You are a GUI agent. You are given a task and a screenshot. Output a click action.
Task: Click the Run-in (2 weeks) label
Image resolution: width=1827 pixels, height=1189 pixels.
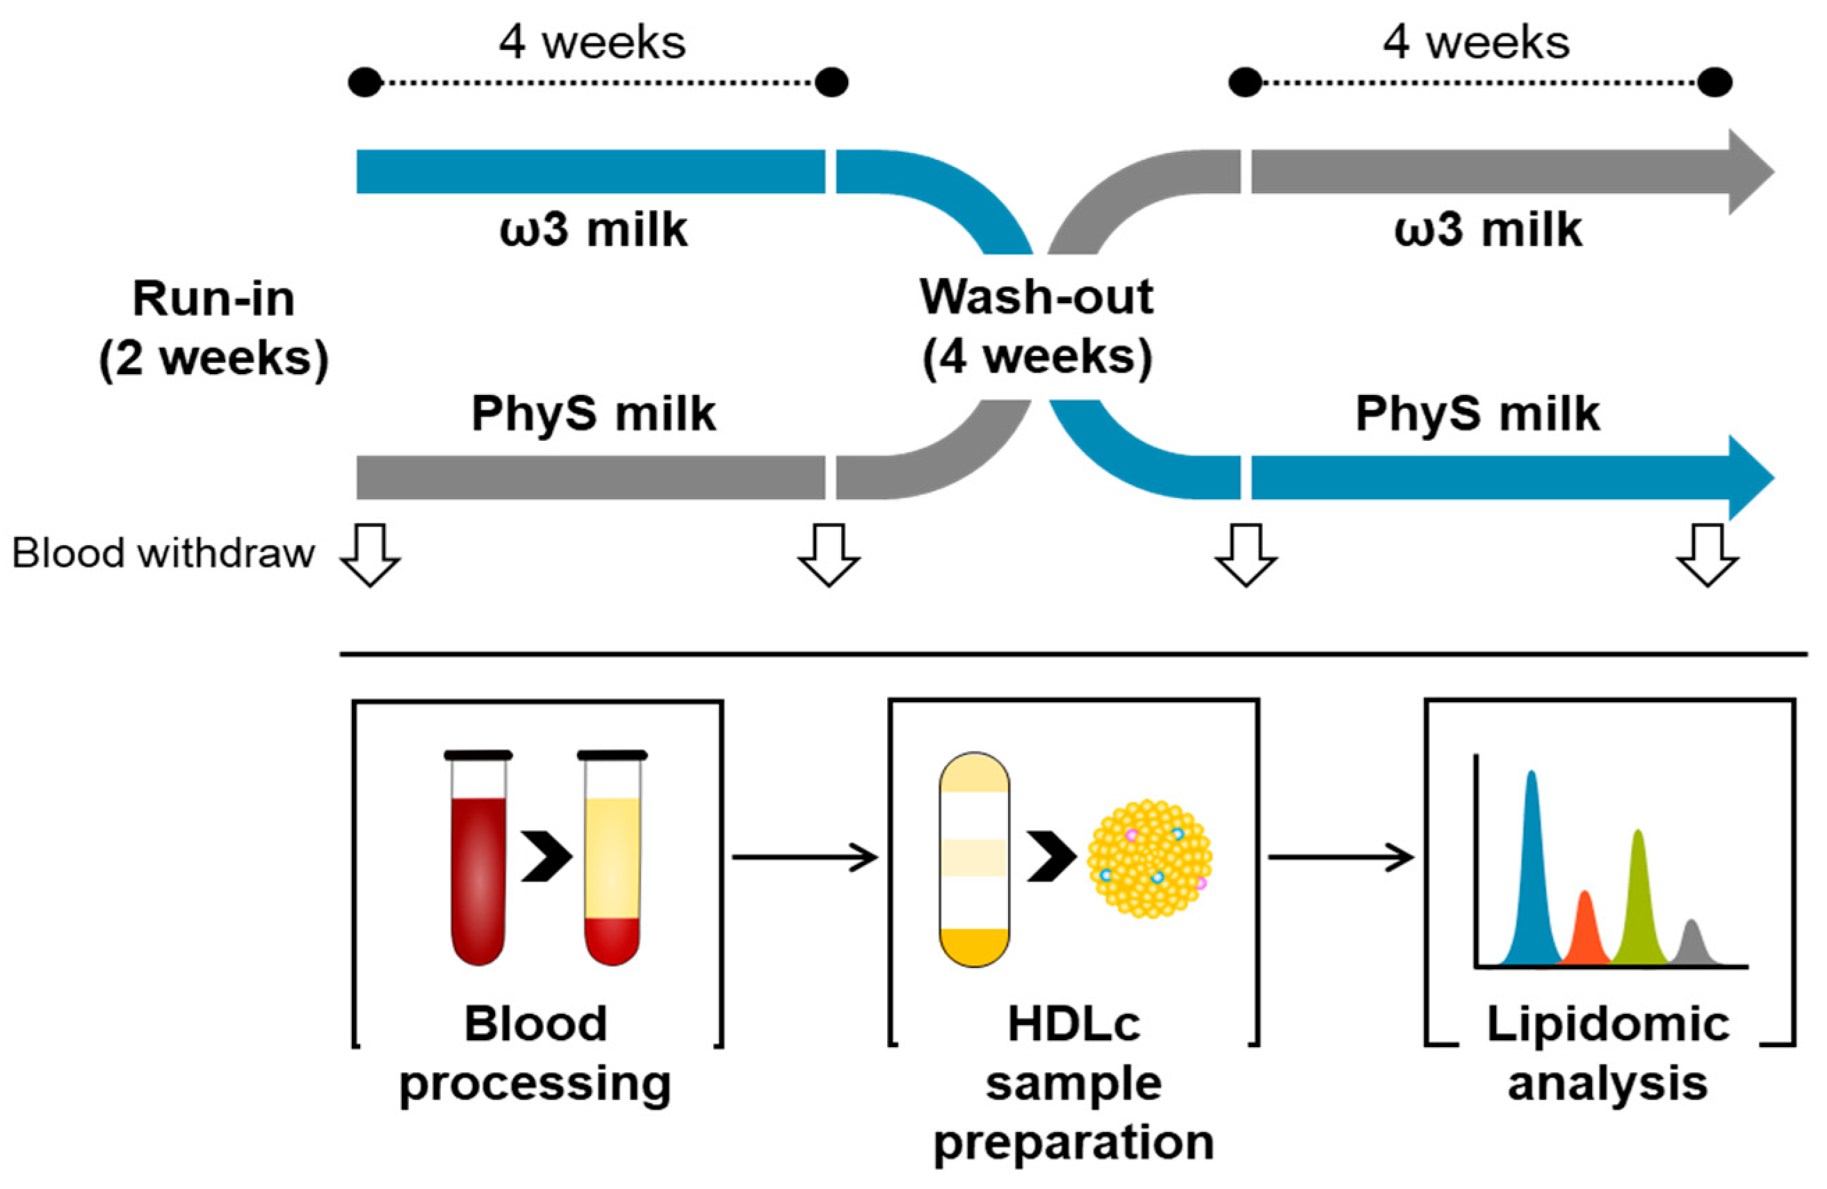pyautogui.click(x=213, y=327)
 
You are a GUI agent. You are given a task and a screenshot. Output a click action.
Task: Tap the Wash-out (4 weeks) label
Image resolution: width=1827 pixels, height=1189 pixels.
pyautogui.click(x=1037, y=326)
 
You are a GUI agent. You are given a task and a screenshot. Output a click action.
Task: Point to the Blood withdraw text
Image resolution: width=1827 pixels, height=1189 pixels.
pyautogui.click(x=163, y=553)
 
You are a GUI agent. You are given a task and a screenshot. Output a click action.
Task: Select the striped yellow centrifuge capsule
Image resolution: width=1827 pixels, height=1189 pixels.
pyautogui.click(x=974, y=859)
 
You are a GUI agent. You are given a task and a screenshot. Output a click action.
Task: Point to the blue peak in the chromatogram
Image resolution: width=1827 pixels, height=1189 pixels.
pyautogui.click(x=1532, y=883)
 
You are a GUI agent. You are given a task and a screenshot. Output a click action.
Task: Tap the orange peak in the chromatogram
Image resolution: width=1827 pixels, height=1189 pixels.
pyautogui.click(x=1584, y=932)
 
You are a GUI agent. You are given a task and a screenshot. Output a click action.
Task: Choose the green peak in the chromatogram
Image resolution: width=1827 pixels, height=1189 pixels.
pyautogui.click(x=1638, y=906)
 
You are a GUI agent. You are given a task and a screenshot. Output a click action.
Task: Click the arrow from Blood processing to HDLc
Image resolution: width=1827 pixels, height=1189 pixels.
pyautogui.click(x=804, y=857)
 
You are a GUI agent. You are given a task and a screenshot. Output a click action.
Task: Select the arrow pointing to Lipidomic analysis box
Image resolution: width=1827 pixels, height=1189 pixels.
pyautogui.click(x=1340, y=857)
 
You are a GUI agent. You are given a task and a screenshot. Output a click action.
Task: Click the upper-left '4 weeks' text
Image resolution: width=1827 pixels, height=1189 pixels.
pyautogui.click(x=592, y=42)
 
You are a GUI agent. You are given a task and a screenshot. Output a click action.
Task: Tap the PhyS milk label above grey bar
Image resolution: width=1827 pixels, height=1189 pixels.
pyautogui.click(x=594, y=414)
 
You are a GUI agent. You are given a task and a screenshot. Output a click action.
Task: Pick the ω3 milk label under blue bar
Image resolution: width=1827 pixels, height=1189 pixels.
pyautogui.click(x=594, y=229)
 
